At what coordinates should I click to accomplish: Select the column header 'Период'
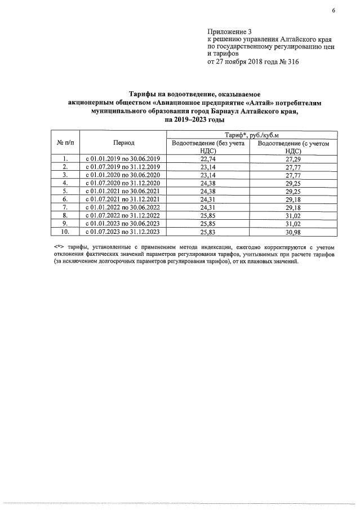point(123,143)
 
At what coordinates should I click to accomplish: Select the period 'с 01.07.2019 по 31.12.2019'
point(123,167)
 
